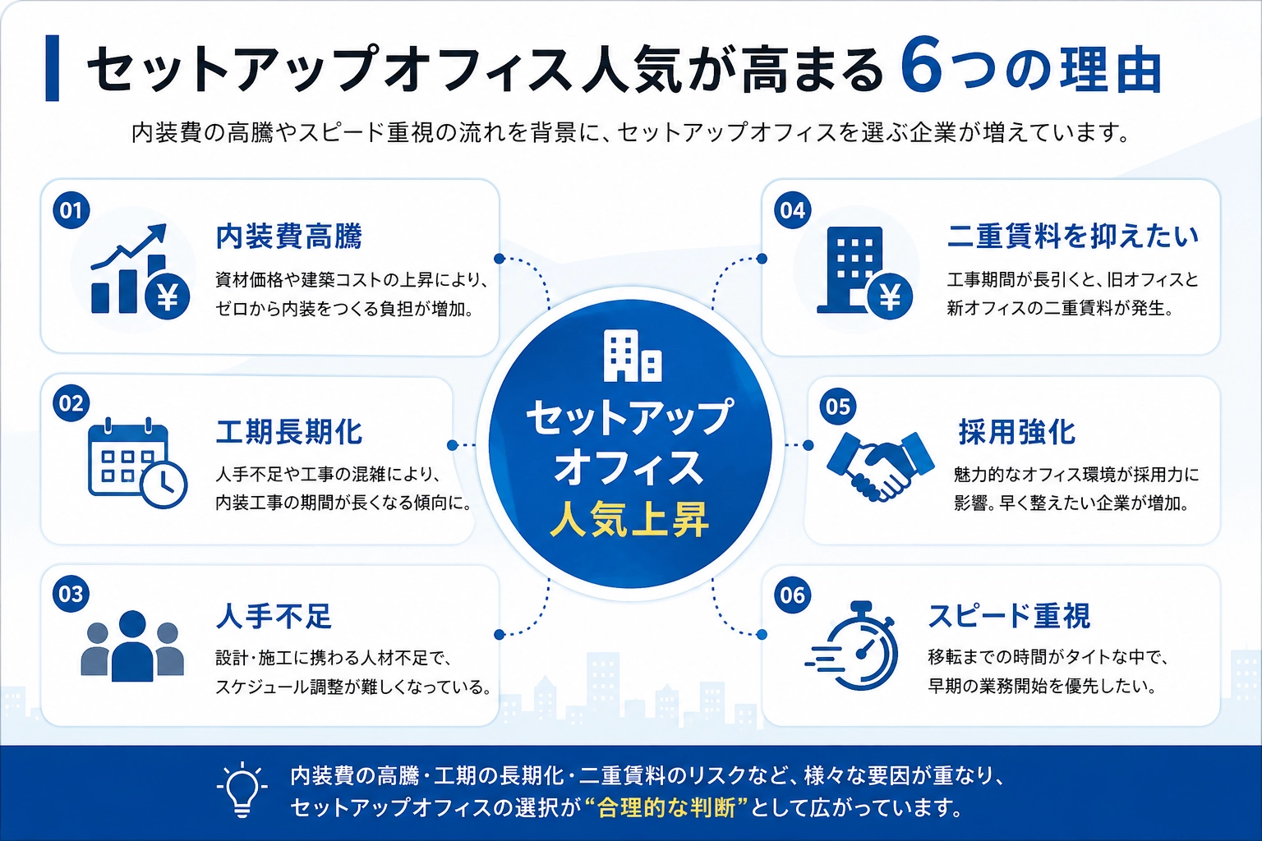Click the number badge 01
[71, 210]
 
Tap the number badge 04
[792, 210]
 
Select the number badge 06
[792, 595]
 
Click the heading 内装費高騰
[289, 236]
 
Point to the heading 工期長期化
[289, 432]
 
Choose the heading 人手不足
[274, 616]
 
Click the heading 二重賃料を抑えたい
[1073, 236]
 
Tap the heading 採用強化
[1017, 432]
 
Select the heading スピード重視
[1009, 616]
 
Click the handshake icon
[880, 466]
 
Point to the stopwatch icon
[852, 646]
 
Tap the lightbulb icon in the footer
[242, 789]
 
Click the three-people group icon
[132, 646]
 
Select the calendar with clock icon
[137, 462]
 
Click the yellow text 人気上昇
[630, 519]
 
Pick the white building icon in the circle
[632, 356]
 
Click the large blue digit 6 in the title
[921, 64]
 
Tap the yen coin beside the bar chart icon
[168, 296]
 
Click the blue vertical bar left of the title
[52, 68]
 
